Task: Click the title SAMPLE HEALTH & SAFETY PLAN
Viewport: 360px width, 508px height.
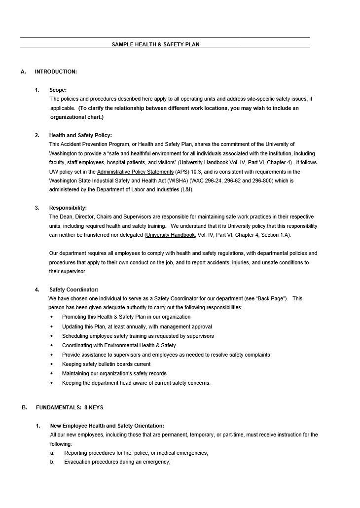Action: [x=155, y=44]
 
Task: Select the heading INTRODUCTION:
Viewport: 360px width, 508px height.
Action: [x=56, y=72]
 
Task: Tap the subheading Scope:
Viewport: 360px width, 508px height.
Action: [x=58, y=90]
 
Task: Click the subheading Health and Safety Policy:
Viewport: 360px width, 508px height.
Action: [x=80, y=135]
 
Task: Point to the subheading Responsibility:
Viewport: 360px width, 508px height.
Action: [x=68, y=208]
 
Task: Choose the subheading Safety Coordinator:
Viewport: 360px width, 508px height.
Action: [x=73, y=290]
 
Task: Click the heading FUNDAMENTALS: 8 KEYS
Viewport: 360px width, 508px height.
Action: [x=70, y=407]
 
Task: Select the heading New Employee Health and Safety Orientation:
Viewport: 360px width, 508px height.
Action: [x=107, y=426]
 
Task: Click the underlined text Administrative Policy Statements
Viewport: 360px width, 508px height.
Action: [x=135, y=172]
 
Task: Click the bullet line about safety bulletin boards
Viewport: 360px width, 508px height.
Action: [x=106, y=364]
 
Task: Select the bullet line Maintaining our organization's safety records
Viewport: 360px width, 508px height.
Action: [x=114, y=373]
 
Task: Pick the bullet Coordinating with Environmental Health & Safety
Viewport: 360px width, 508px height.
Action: [x=119, y=345]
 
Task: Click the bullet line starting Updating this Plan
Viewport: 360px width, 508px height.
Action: [x=137, y=327]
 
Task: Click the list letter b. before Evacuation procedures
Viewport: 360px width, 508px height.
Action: [x=52, y=462]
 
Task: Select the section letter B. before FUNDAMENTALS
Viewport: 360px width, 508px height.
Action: [x=24, y=407]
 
